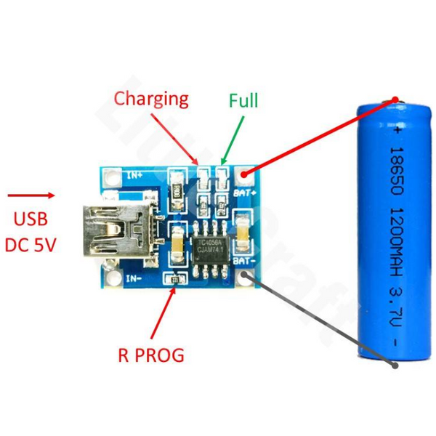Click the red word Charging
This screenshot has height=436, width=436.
click(151, 98)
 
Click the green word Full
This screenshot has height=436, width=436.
click(243, 100)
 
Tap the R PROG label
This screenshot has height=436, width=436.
click(150, 355)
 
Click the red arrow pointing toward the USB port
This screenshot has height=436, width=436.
click(32, 195)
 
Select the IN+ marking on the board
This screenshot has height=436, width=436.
click(134, 174)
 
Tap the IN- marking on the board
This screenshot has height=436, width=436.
click(133, 277)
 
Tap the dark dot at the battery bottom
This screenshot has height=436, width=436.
click(395, 366)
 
